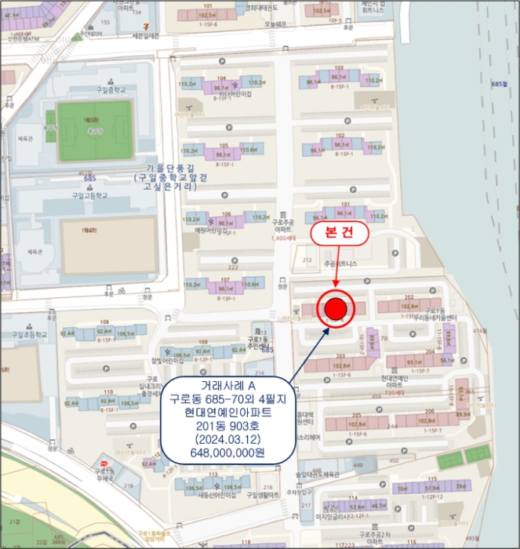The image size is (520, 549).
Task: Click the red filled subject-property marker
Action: [336, 307]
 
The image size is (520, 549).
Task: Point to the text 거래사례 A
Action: [228, 386]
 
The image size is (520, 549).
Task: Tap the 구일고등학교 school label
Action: [92, 195]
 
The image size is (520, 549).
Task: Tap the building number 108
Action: [104, 322]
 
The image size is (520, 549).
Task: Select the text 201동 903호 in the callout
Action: [228, 428]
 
